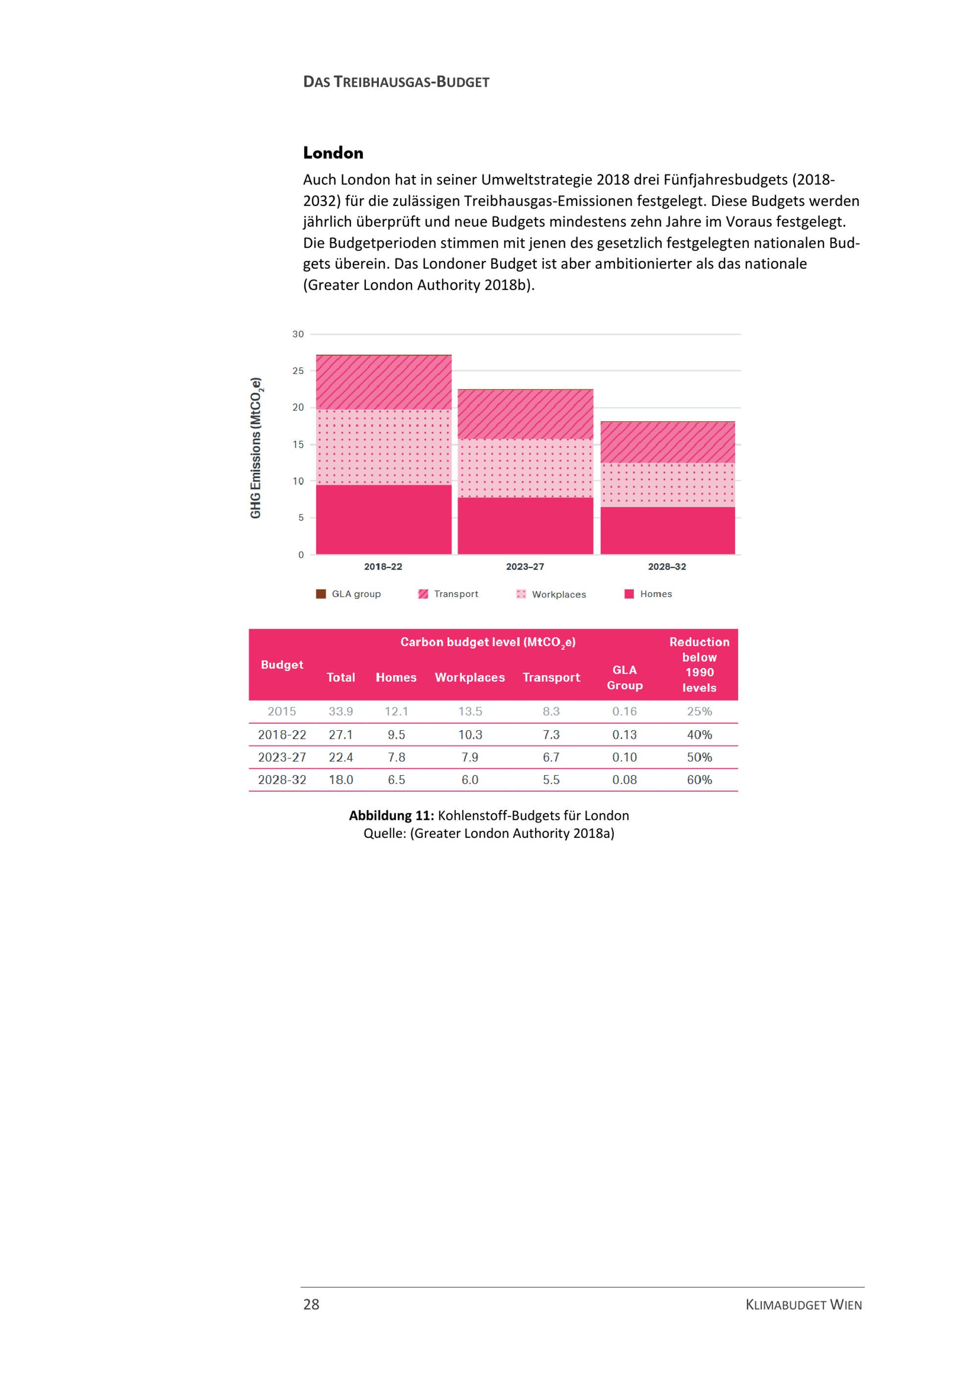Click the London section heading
[x=333, y=153]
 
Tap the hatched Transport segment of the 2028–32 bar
[x=667, y=442]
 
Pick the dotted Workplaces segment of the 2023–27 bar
[x=525, y=468]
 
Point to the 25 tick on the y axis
[x=298, y=371]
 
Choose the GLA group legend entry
[x=349, y=594]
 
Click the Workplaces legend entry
[x=551, y=594]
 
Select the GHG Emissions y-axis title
[x=256, y=448]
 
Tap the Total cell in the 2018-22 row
[x=341, y=735]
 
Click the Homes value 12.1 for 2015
[x=396, y=711]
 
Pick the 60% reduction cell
[x=699, y=780]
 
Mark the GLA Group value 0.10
[x=625, y=757]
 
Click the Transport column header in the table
[x=551, y=677]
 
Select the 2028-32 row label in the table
[x=282, y=780]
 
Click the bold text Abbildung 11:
[x=391, y=815]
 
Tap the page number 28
[x=311, y=1304]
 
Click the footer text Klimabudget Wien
[x=804, y=1305]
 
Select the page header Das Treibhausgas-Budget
[x=396, y=82]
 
